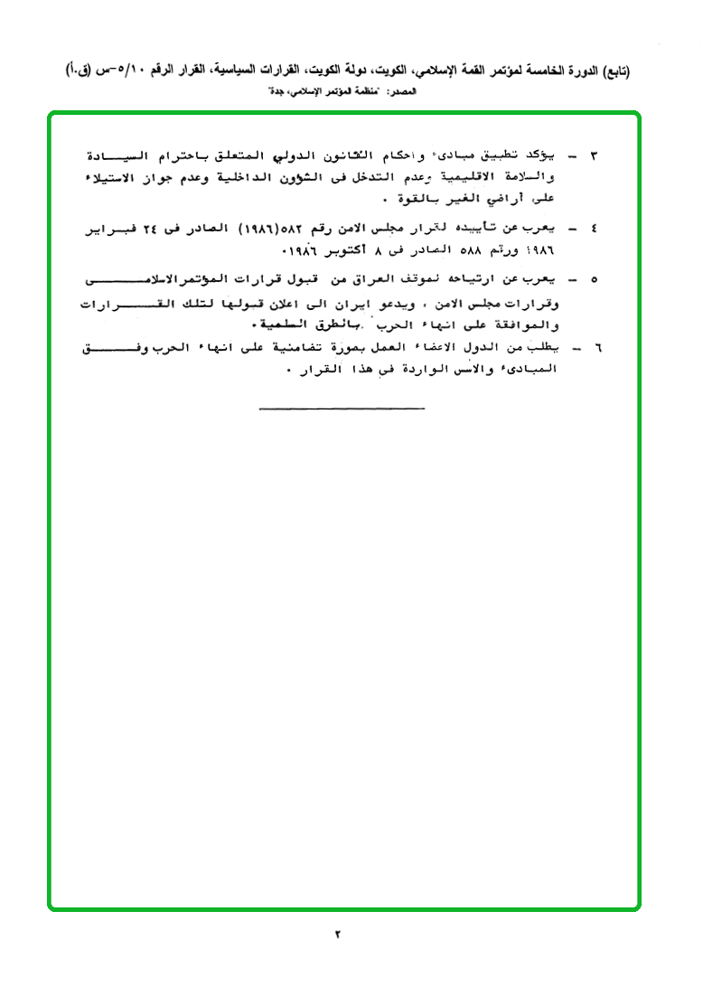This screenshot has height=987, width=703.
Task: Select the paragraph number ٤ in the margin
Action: (x=593, y=231)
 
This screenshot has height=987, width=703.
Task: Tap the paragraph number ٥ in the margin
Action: (x=593, y=277)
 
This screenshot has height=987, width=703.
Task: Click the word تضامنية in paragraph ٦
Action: (x=290, y=348)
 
